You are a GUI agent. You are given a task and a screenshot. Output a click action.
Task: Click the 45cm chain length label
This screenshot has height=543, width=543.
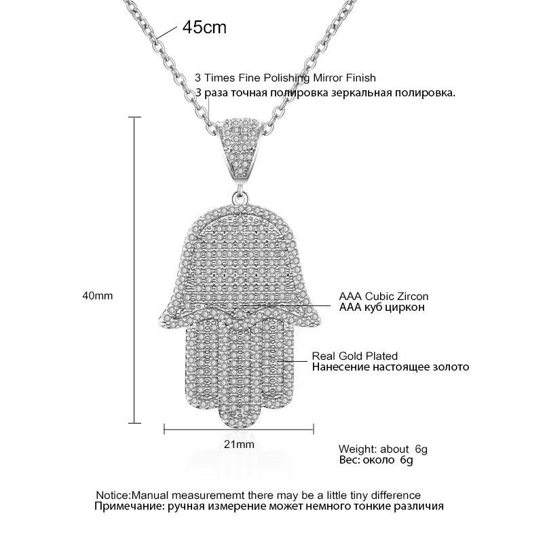click(x=204, y=28)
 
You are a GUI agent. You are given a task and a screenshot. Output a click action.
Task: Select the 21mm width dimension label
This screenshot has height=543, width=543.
click(x=238, y=445)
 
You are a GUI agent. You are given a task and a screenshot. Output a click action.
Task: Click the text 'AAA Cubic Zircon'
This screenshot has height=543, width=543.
click(x=383, y=297)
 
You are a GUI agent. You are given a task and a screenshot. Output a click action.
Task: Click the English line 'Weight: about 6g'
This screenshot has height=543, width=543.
click(x=383, y=449)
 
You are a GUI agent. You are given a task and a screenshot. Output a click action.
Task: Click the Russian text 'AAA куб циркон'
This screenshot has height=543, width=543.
click(x=381, y=307)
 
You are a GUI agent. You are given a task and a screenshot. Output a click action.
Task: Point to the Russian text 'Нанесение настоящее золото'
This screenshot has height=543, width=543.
click(x=390, y=367)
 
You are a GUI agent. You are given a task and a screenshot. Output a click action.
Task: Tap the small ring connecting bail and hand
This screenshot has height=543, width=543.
click(x=240, y=198)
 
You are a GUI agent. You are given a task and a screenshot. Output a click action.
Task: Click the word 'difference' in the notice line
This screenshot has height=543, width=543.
click(x=397, y=495)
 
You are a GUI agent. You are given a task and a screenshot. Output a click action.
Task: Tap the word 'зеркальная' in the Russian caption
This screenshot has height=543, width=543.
click(x=352, y=92)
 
